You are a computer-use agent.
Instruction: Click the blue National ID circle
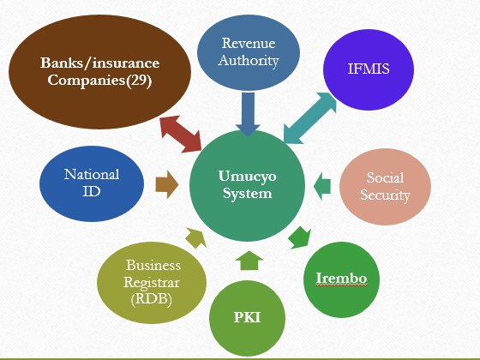(91, 183)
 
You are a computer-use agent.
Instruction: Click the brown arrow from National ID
(166, 183)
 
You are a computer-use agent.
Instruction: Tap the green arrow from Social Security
(322, 182)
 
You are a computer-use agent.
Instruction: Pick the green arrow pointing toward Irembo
(298, 236)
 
